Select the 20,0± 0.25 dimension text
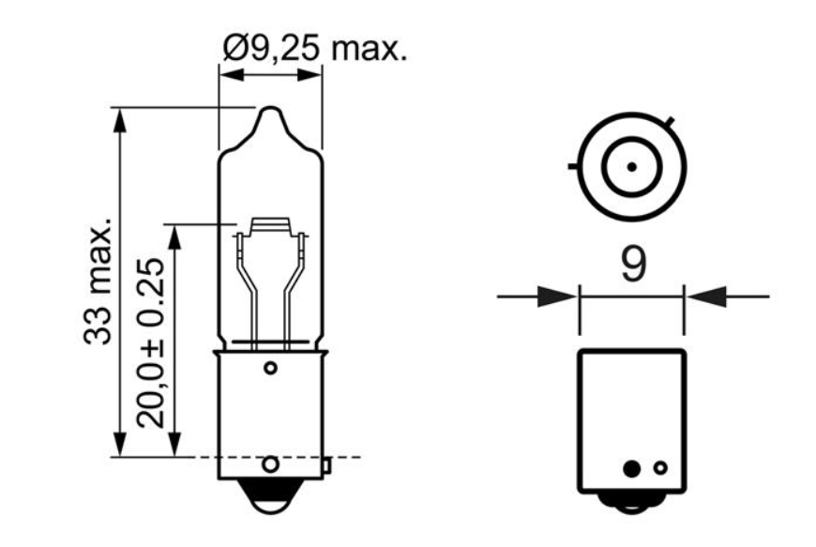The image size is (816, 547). tap(150, 343)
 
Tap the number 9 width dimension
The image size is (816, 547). tap(633, 265)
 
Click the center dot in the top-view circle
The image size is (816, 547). tap(632, 167)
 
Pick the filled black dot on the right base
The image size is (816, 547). tap(632, 468)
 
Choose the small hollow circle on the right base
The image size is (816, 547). tap(660, 468)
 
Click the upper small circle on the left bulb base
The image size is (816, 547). tap(270, 368)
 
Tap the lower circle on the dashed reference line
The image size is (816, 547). tap(270, 463)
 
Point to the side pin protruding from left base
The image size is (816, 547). tap(326, 465)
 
